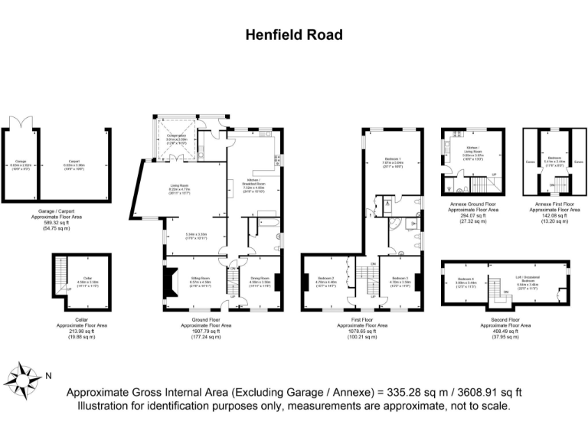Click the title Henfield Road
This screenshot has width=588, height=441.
(x=293, y=34)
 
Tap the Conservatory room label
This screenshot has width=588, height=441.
(x=181, y=137)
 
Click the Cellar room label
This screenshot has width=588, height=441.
(x=87, y=279)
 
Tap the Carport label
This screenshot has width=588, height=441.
(x=75, y=162)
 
